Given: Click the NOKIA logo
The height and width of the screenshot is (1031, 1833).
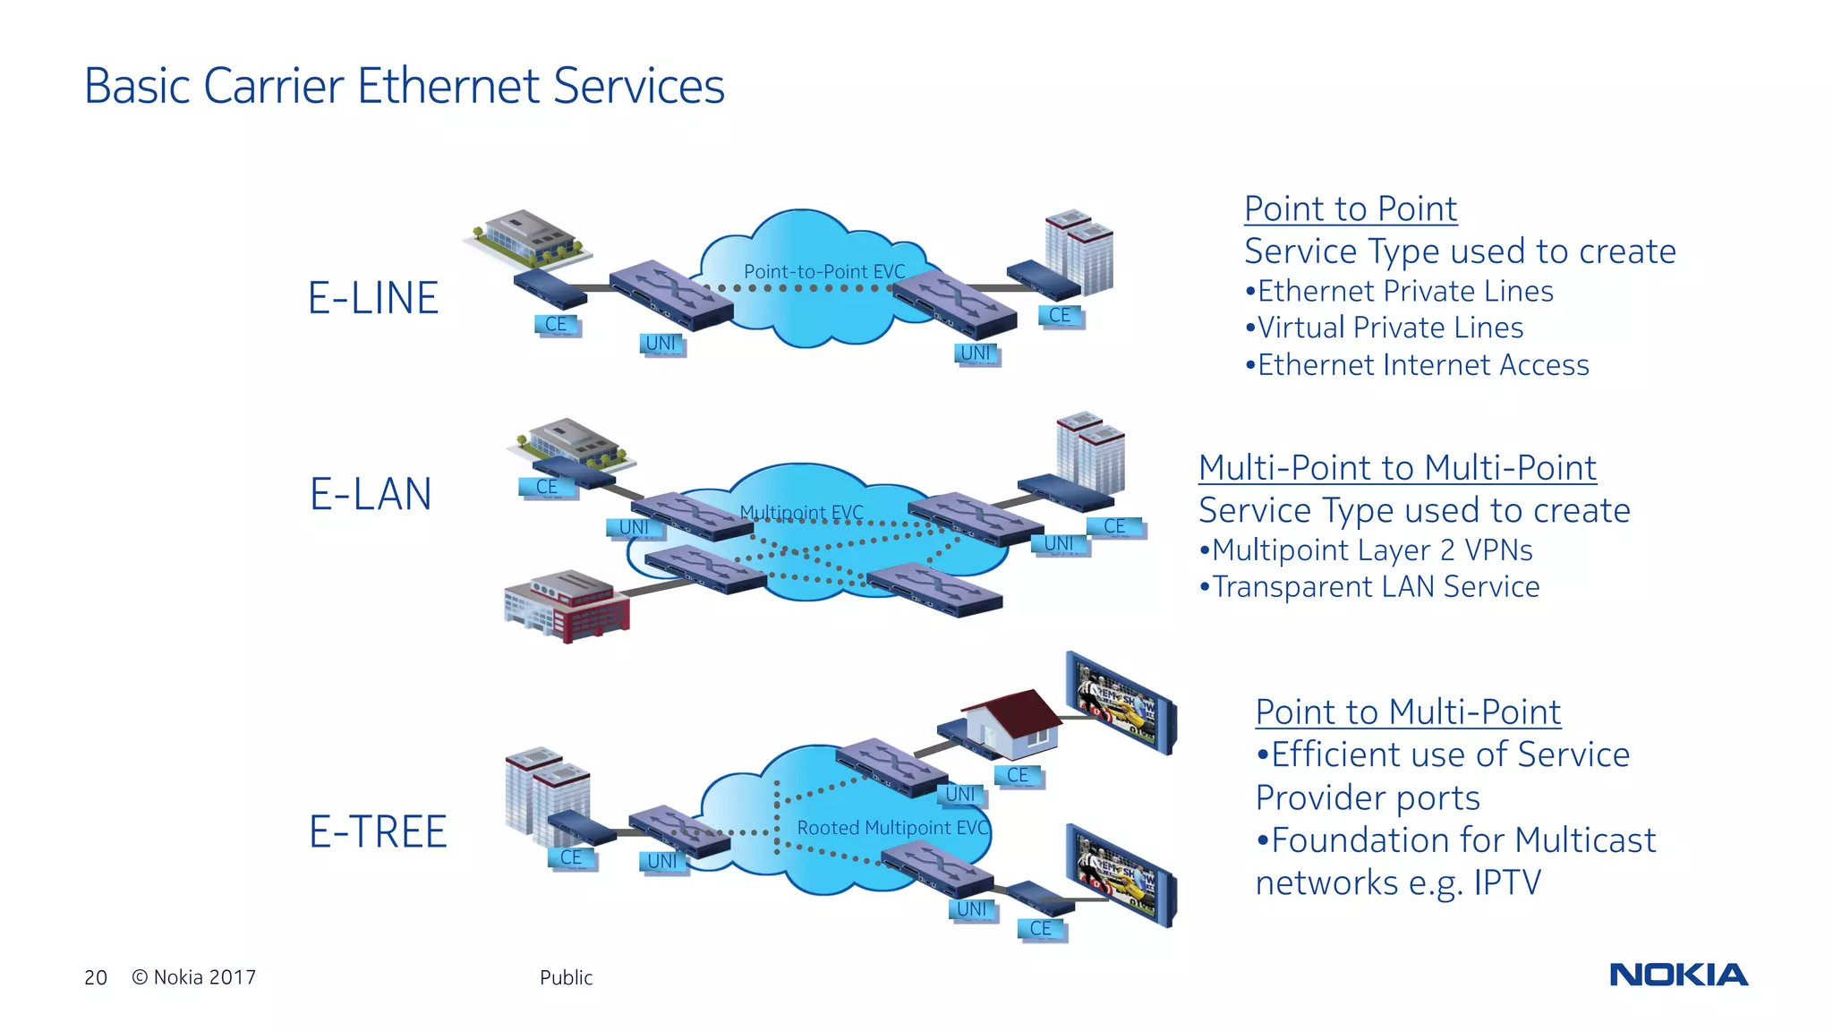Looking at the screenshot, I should pyautogui.click(x=1678, y=975).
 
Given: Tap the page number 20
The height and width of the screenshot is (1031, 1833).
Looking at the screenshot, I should pyautogui.click(x=96, y=977).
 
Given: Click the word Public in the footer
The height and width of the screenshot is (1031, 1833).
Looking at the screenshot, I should pyautogui.click(x=566, y=977).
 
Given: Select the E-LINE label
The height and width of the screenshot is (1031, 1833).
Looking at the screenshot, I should pyautogui.click(x=373, y=298).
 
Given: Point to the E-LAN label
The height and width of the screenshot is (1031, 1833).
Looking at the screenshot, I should pyautogui.click(x=371, y=494).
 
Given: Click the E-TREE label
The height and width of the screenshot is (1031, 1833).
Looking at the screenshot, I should pyautogui.click(x=378, y=831).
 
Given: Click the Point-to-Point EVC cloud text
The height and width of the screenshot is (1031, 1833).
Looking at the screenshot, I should pyautogui.click(x=824, y=271).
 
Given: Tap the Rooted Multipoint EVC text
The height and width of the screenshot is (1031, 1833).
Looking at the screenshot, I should pyautogui.click(x=892, y=828).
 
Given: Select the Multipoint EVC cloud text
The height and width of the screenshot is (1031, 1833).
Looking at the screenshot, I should pyautogui.click(x=801, y=513).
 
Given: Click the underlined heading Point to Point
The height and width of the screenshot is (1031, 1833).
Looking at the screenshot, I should pyautogui.click(x=1350, y=209).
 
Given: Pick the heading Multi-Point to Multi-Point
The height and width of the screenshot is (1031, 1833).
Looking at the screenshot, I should pyautogui.click(x=1397, y=467).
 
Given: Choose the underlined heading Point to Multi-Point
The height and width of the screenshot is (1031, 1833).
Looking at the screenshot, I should pyautogui.click(x=1408, y=711).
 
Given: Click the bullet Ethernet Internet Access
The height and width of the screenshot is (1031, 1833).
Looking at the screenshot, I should pyautogui.click(x=1417, y=365).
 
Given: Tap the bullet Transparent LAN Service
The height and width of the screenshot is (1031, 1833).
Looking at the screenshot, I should pyautogui.click(x=1369, y=587).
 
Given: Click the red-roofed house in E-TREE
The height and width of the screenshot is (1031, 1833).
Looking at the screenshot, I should pyautogui.click(x=1016, y=722).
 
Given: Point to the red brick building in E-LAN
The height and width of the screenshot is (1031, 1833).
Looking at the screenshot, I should pyautogui.click(x=568, y=606).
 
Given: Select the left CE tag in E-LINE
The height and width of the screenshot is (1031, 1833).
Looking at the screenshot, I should pyautogui.click(x=557, y=324).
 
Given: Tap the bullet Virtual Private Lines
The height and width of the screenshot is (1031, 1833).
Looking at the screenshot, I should pyautogui.click(x=1384, y=328).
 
